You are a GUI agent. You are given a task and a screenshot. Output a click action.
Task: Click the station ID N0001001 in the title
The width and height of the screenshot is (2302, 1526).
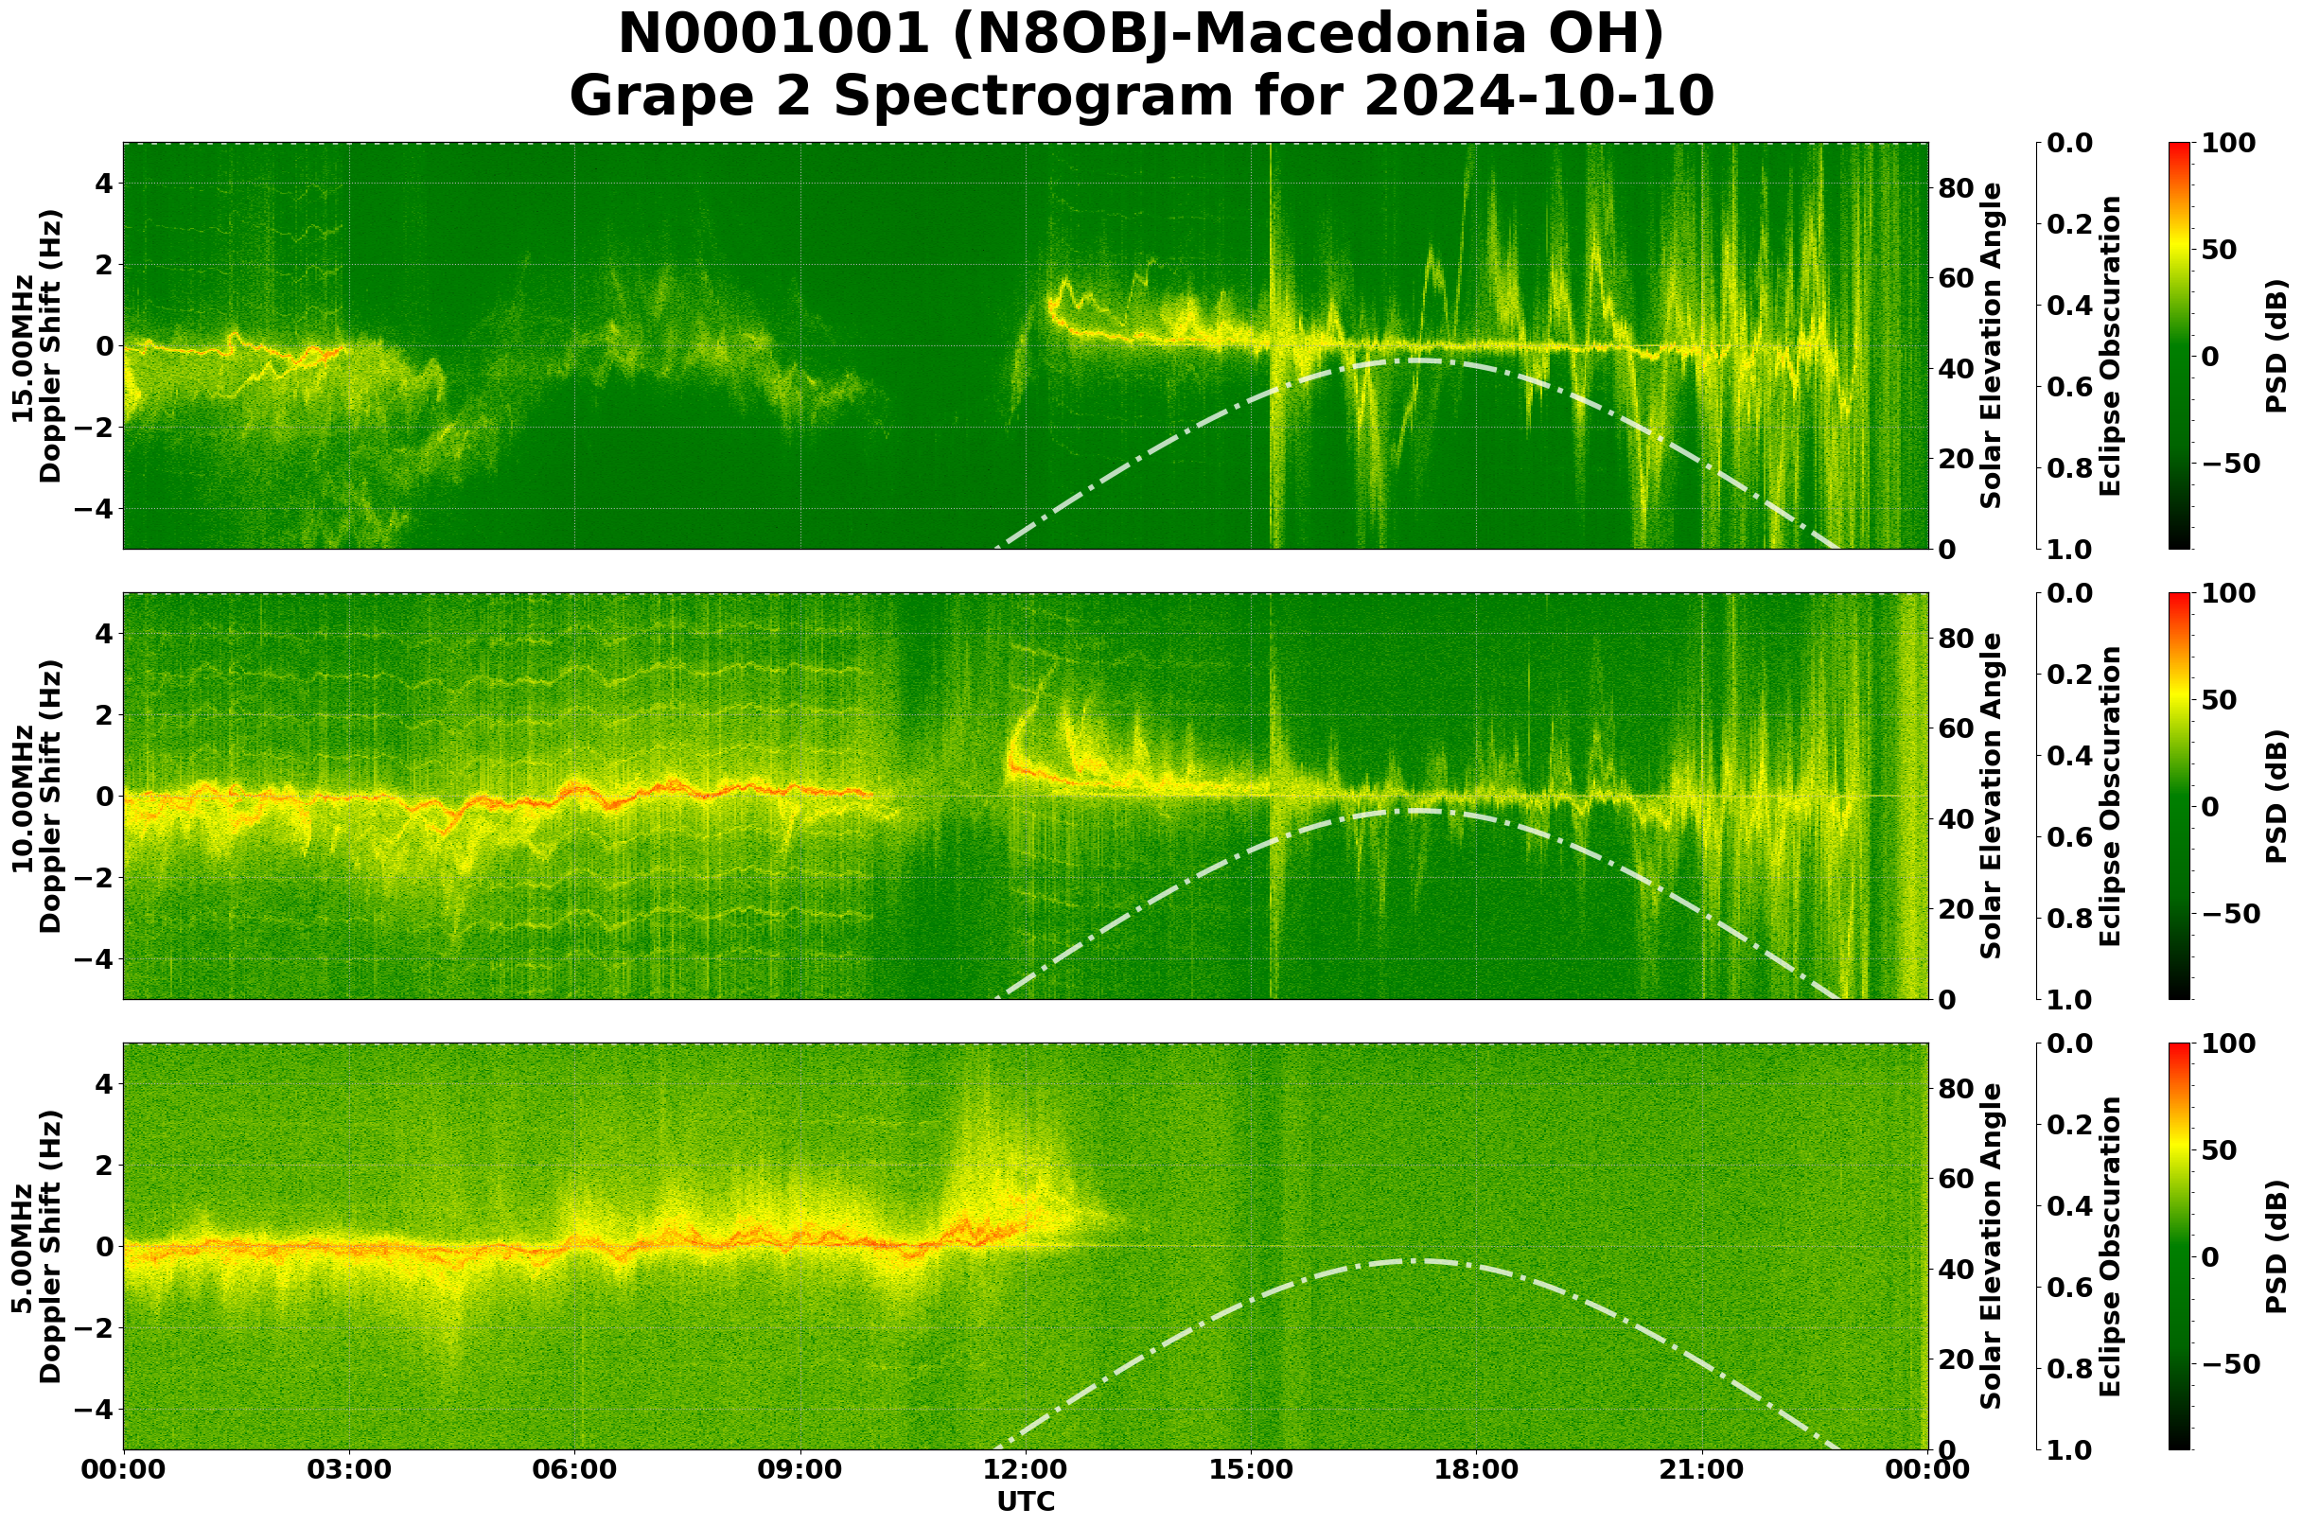(x=774, y=36)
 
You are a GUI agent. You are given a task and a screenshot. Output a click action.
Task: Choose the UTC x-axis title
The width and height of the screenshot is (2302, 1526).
(x=1026, y=1501)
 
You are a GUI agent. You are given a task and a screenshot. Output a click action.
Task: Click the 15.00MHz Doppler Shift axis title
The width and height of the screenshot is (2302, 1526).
(x=37, y=345)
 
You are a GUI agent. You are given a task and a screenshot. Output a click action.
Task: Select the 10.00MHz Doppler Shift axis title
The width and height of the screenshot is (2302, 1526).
(x=37, y=796)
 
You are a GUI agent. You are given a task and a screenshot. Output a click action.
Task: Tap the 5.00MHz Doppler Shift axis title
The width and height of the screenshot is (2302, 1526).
(x=37, y=1247)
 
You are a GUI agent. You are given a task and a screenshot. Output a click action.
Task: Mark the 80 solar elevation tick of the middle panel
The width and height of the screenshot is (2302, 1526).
(x=1955, y=640)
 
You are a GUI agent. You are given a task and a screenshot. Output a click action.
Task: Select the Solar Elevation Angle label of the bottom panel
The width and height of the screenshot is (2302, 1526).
(x=1992, y=1247)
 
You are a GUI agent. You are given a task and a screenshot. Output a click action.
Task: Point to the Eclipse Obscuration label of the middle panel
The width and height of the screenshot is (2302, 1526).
(x=2109, y=796)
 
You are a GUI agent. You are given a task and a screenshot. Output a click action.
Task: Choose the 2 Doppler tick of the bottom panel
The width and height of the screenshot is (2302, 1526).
(x=104, y=1165)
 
